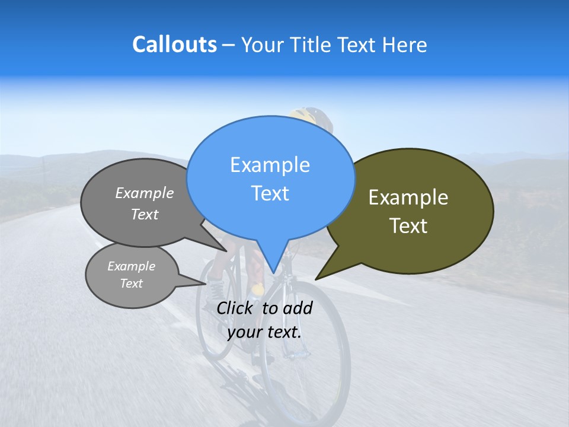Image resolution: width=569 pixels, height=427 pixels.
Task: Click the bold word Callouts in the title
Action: coord(174,44)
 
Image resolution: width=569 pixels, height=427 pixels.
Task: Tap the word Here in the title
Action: coord(404,44)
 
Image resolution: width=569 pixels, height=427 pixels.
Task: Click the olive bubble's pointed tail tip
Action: coord(316,279)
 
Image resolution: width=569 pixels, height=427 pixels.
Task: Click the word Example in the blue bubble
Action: coord(270,165)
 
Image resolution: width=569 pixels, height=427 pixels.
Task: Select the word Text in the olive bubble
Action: coord(408,226)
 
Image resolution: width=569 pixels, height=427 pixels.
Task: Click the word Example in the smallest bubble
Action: coord(131,266)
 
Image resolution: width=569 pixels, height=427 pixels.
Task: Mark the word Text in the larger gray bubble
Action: coord(145,215)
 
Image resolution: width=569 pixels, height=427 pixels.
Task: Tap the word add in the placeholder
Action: coord(298,308)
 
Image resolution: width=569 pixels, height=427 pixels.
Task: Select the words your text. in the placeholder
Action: coord(264,332)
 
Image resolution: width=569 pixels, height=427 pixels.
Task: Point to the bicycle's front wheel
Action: coord(305,356)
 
